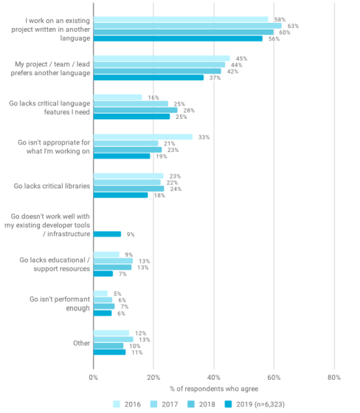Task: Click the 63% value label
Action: point(293,26)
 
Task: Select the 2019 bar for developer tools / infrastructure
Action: point(107,235)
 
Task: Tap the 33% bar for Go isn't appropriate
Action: point(143,137)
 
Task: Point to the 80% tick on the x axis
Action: point(334,378)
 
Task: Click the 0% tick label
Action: point(93,378)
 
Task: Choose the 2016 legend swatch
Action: point(117,404)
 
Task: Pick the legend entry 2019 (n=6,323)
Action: point(255,404)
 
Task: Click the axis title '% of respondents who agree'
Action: point(214,389)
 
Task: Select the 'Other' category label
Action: point(81,343)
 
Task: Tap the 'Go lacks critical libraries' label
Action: point(52,186)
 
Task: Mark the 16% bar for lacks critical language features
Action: point(118,97)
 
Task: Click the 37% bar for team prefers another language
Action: point(148,77)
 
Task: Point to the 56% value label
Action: point(274,39)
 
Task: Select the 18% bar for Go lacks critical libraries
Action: point(121,195)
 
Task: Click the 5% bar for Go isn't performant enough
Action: point(100,294)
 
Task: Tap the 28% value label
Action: point(189,111)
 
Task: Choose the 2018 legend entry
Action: point(201,404)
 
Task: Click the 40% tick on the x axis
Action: point(214,378)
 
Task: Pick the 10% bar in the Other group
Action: point(108,346)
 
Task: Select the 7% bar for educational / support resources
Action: point(103,274)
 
